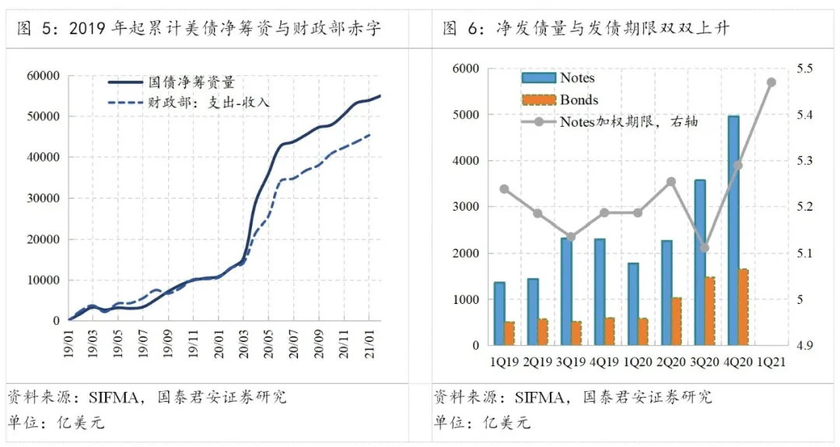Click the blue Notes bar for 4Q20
point(733,230)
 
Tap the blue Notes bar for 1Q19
point(499,313)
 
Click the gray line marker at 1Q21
point(772,82)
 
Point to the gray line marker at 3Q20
point(704,248)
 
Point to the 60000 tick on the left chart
point(44,76)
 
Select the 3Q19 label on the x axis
point(571,361)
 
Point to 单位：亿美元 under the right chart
point(481,423)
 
